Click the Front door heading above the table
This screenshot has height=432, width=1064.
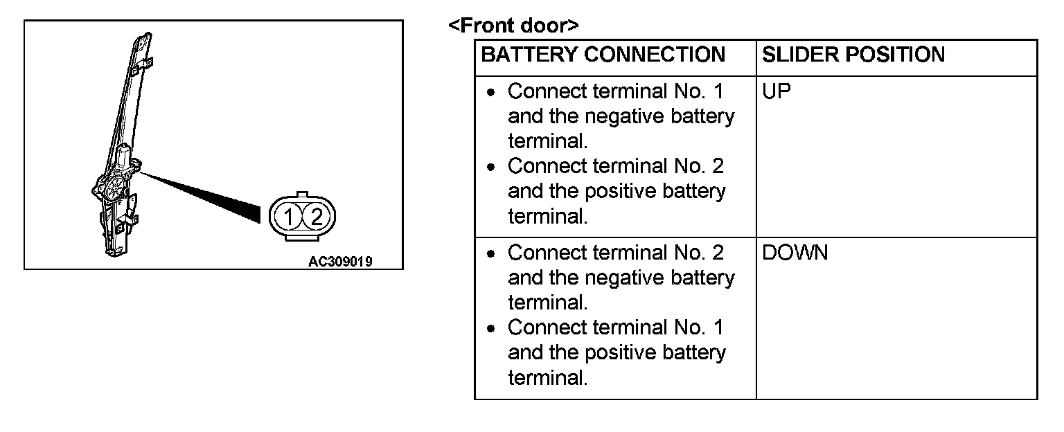pos(513,26)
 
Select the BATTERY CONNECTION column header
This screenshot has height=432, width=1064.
pos(603,55)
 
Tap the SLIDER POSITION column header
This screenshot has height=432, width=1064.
pos(853,55)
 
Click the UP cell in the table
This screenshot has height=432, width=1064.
pos(777,92)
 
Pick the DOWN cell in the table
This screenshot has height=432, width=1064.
pos(795,253)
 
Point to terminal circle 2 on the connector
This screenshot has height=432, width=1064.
pos(316,217)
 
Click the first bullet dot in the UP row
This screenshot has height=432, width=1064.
pos(491,92)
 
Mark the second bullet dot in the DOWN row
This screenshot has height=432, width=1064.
pos(491,328)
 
